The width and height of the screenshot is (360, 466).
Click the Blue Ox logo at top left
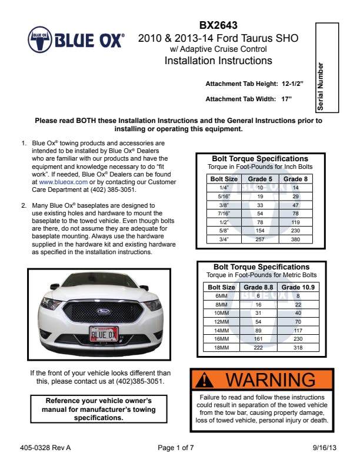point(76,40)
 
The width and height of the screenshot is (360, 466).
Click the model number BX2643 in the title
point(218,26)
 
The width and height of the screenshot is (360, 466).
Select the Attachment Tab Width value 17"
point(286,99)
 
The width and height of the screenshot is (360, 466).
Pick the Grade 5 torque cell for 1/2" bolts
point(260,222)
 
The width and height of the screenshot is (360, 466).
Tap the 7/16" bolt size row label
point(216,214)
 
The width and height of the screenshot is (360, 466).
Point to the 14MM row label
point(221,331)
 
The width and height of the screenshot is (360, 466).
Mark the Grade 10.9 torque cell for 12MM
point(298,322)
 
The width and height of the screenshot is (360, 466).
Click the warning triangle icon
point(205,380)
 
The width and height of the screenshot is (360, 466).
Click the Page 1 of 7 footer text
point(176,448)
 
